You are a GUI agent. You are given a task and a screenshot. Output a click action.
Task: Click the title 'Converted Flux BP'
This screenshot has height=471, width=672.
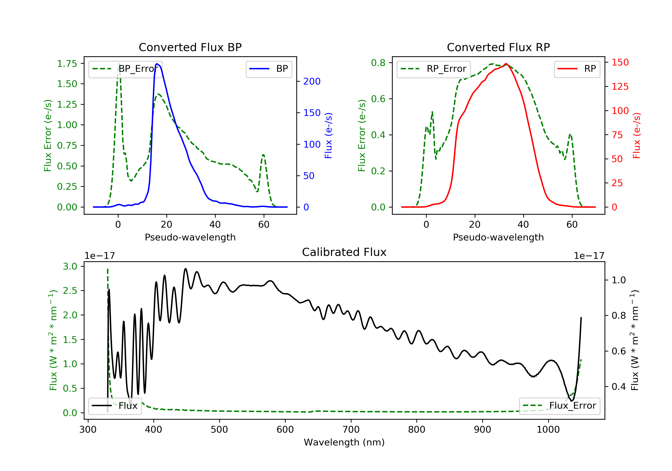pyautogui.click(x=190, y=47)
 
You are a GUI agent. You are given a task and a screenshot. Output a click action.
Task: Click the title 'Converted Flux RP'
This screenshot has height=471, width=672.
pyautogui.click(x=498, y=47)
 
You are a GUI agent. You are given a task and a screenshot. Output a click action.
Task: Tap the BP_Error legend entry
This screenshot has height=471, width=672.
pyautogui.click(x=125, y=69)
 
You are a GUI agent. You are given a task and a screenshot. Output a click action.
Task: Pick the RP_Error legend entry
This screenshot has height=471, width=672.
pyautogui.click(x=433, y=69)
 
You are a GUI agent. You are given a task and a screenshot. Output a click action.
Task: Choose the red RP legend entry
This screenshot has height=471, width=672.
pyautogui.click(x=577, y=69)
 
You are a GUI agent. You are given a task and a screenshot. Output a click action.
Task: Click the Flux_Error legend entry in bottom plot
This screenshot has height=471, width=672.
pyautogui.click(x=559, y=406)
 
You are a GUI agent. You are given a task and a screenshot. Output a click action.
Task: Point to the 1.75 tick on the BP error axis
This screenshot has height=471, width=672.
pyautogui.click(x=67, y=64)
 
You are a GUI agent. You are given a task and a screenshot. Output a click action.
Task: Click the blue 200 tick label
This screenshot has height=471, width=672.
pyautogui.click(x=312, y=81)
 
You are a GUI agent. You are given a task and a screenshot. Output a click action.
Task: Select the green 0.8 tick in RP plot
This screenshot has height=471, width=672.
pyautogui.click(x=378, y=63)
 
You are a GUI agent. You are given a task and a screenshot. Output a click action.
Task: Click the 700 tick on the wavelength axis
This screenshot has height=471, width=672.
pyautogui.click(x=351, y=430)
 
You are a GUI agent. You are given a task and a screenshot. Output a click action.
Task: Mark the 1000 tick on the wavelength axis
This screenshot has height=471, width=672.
pyautogui.click(x=548, y=430)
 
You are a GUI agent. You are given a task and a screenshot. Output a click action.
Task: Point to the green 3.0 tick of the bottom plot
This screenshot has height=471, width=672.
pyautogui.click(x=70, y=266)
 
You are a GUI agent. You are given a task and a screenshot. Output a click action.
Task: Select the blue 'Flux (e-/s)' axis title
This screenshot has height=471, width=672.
pyautogui.click(x=328, y=136)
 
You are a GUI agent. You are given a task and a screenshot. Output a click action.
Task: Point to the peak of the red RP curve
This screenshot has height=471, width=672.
pyautogui.click(x=506, y=64)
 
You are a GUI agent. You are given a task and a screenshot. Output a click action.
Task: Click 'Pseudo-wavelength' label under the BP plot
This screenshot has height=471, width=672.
pyautogui.click(x=190, y=237)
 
